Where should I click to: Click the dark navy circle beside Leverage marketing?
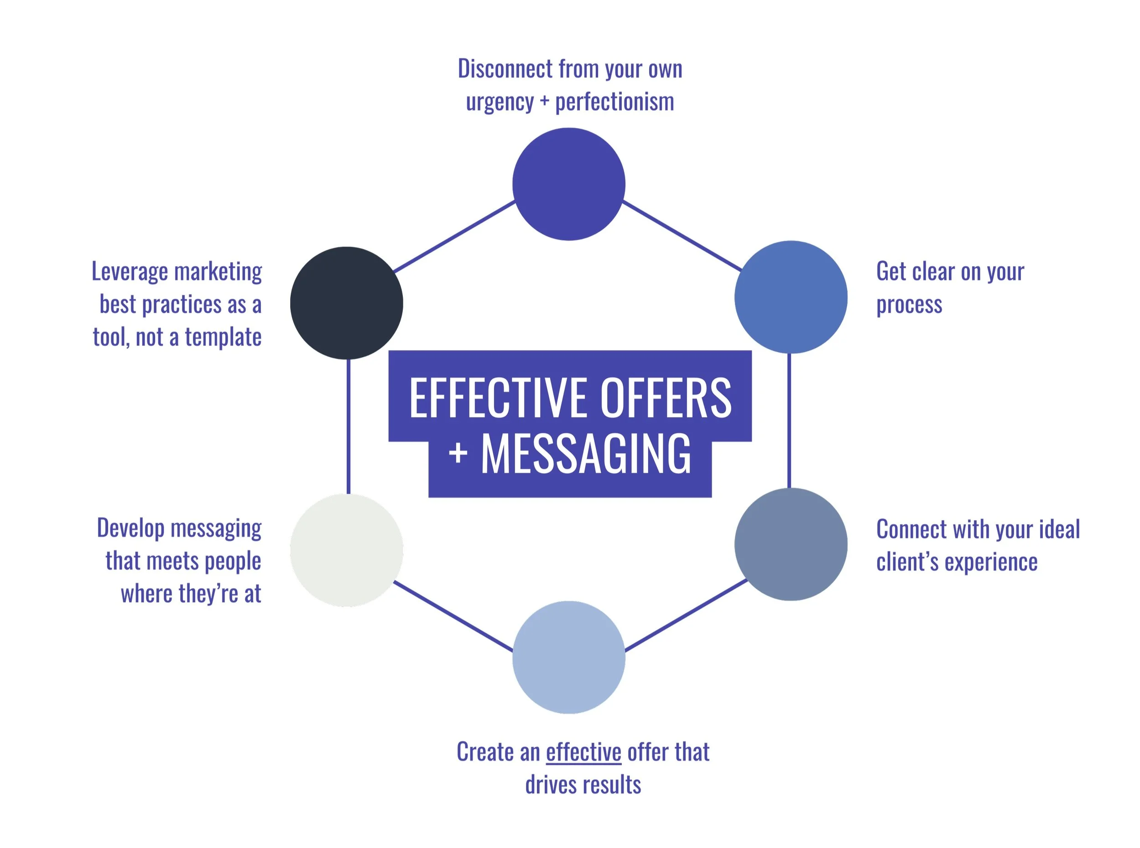(x=346, y=303)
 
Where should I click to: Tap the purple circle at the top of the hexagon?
(x=568, y=184)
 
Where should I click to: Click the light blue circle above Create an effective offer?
(x=568, y=657)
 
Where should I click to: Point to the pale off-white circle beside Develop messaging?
(x=346, y=550)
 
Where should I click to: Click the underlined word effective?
(x=583, y=752)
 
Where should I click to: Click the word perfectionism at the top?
(x=614, y=102)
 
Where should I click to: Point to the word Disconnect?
(x=505, y=69)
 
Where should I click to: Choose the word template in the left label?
(x=223, y=337)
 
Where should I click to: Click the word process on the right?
(x=909, y=305)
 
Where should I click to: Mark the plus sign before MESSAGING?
(x=458, y=453)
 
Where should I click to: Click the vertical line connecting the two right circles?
(x=789, y=421)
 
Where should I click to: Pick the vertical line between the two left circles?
(x=348, y=426)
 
